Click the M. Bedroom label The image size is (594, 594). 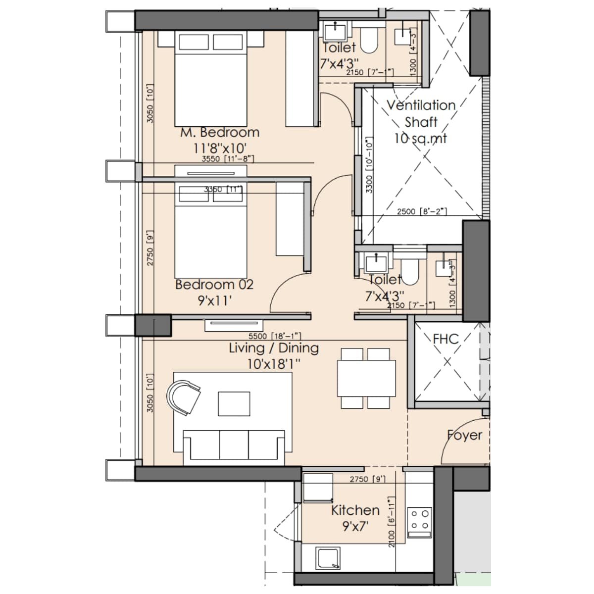[x=220, y=133]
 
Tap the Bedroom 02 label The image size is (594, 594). [x=214, y=285]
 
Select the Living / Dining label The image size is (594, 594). [x=274, y=348]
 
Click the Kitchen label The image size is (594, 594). [x=355, y=510]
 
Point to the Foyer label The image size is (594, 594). [x=464, y=435]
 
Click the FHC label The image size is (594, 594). [x=445, y=339]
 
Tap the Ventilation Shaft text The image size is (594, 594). [x=421, y=113]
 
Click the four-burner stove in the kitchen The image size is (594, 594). [x=419, y=522]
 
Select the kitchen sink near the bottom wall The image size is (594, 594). [x=328, y=558]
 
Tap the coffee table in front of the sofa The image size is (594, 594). [x=234, y=404]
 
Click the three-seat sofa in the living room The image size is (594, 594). [x=234, y=446]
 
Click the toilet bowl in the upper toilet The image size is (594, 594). [x=369, y=40]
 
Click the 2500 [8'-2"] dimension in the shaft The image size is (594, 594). [x=422, y=212]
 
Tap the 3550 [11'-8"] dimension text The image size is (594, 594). [x=228, y=159]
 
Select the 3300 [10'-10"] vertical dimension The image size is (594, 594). [x=369, y=164]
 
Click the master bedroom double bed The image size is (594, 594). [x=210, y=79]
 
